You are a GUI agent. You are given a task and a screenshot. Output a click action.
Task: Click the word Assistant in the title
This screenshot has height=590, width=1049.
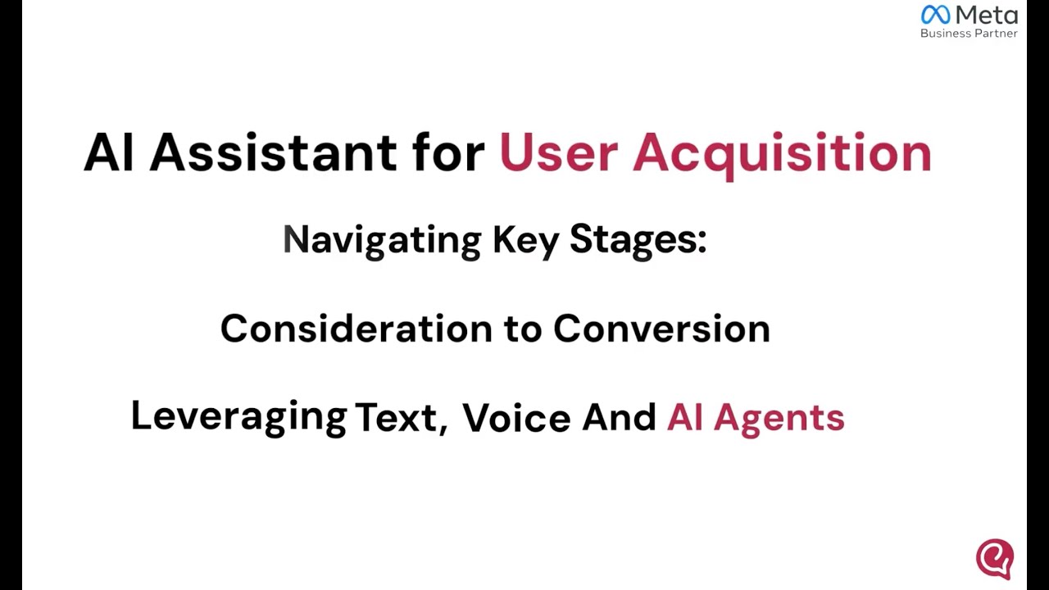pyautogui.click(x=273, y=152)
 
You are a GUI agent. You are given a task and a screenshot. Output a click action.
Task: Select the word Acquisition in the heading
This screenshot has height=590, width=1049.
pyautogui.click(x=782, y=154)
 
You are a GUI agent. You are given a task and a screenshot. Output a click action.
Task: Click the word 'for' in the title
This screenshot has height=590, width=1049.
pyautogui.click(x=448, y=152)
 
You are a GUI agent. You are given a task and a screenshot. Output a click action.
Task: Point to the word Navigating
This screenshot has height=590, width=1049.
pyautogui.click(x=382, y=240)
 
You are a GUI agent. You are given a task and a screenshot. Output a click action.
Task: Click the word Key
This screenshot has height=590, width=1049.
pyautogui.click(x=525, y=240)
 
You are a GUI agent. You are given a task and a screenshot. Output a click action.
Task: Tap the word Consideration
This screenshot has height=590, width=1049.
pyautogui.click(x=356, y=329)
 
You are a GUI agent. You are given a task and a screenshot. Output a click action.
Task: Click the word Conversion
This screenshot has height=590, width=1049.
pyautogui.click(x=661, y=329)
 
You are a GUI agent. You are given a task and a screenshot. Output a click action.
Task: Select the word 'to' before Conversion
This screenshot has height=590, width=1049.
pyautogui.click(x=522, y=329)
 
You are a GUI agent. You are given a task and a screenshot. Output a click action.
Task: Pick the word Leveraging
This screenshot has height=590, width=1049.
pyautogui.click(x=238, y=417)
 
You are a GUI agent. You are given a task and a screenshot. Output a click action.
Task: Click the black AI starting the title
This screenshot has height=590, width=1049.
pyautogui.click(x=108, y=152)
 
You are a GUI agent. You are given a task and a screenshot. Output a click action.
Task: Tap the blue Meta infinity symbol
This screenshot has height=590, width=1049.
pyautogui.click(x=935, y=15)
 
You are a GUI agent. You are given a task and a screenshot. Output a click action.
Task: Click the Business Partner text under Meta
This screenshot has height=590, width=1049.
pyautogui.click(x=969, y=34)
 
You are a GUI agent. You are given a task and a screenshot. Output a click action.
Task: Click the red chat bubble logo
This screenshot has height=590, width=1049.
pyautogui.click(x=995, y=558)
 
